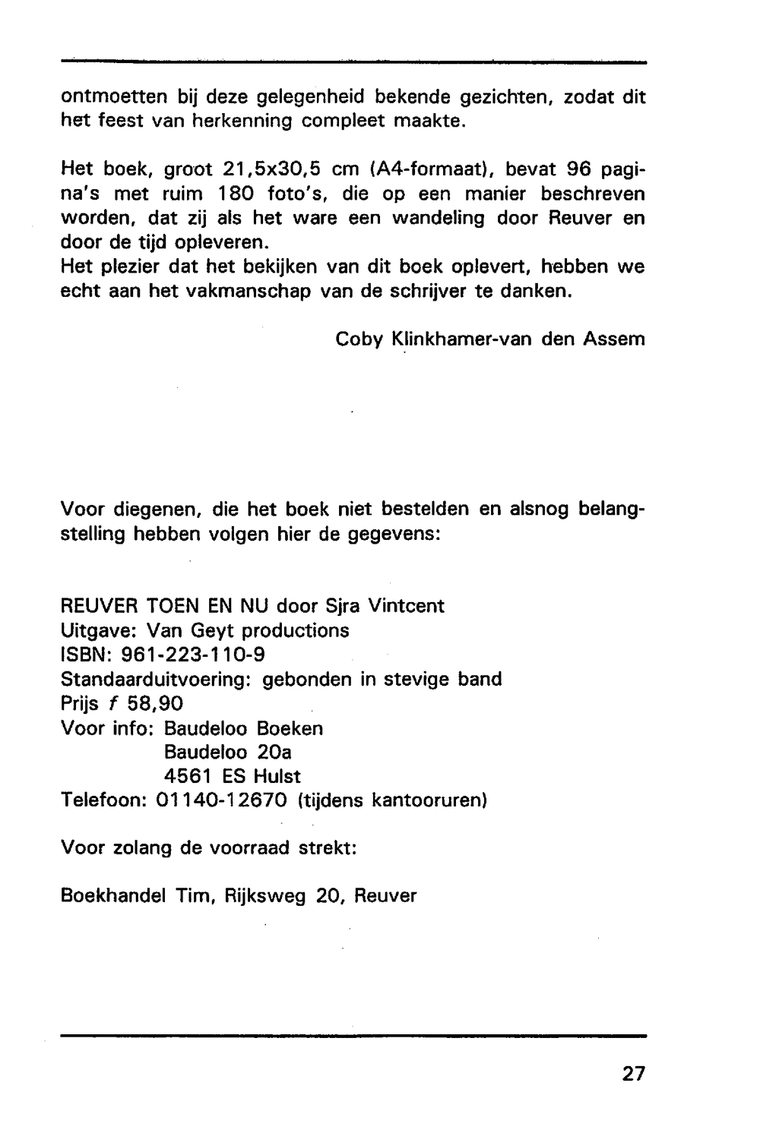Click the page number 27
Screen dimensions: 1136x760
click(633, 1074)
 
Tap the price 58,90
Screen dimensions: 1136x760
click(155, 703)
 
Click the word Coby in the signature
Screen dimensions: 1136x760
click(359, 339)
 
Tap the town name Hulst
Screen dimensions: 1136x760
click(277, 776)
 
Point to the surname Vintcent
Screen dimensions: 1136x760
click(406, 606)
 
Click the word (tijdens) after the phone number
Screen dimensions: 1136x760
click(328, 800)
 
